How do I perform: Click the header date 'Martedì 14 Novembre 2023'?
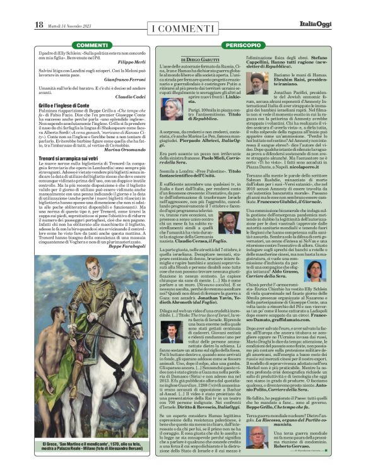pos(70,25)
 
